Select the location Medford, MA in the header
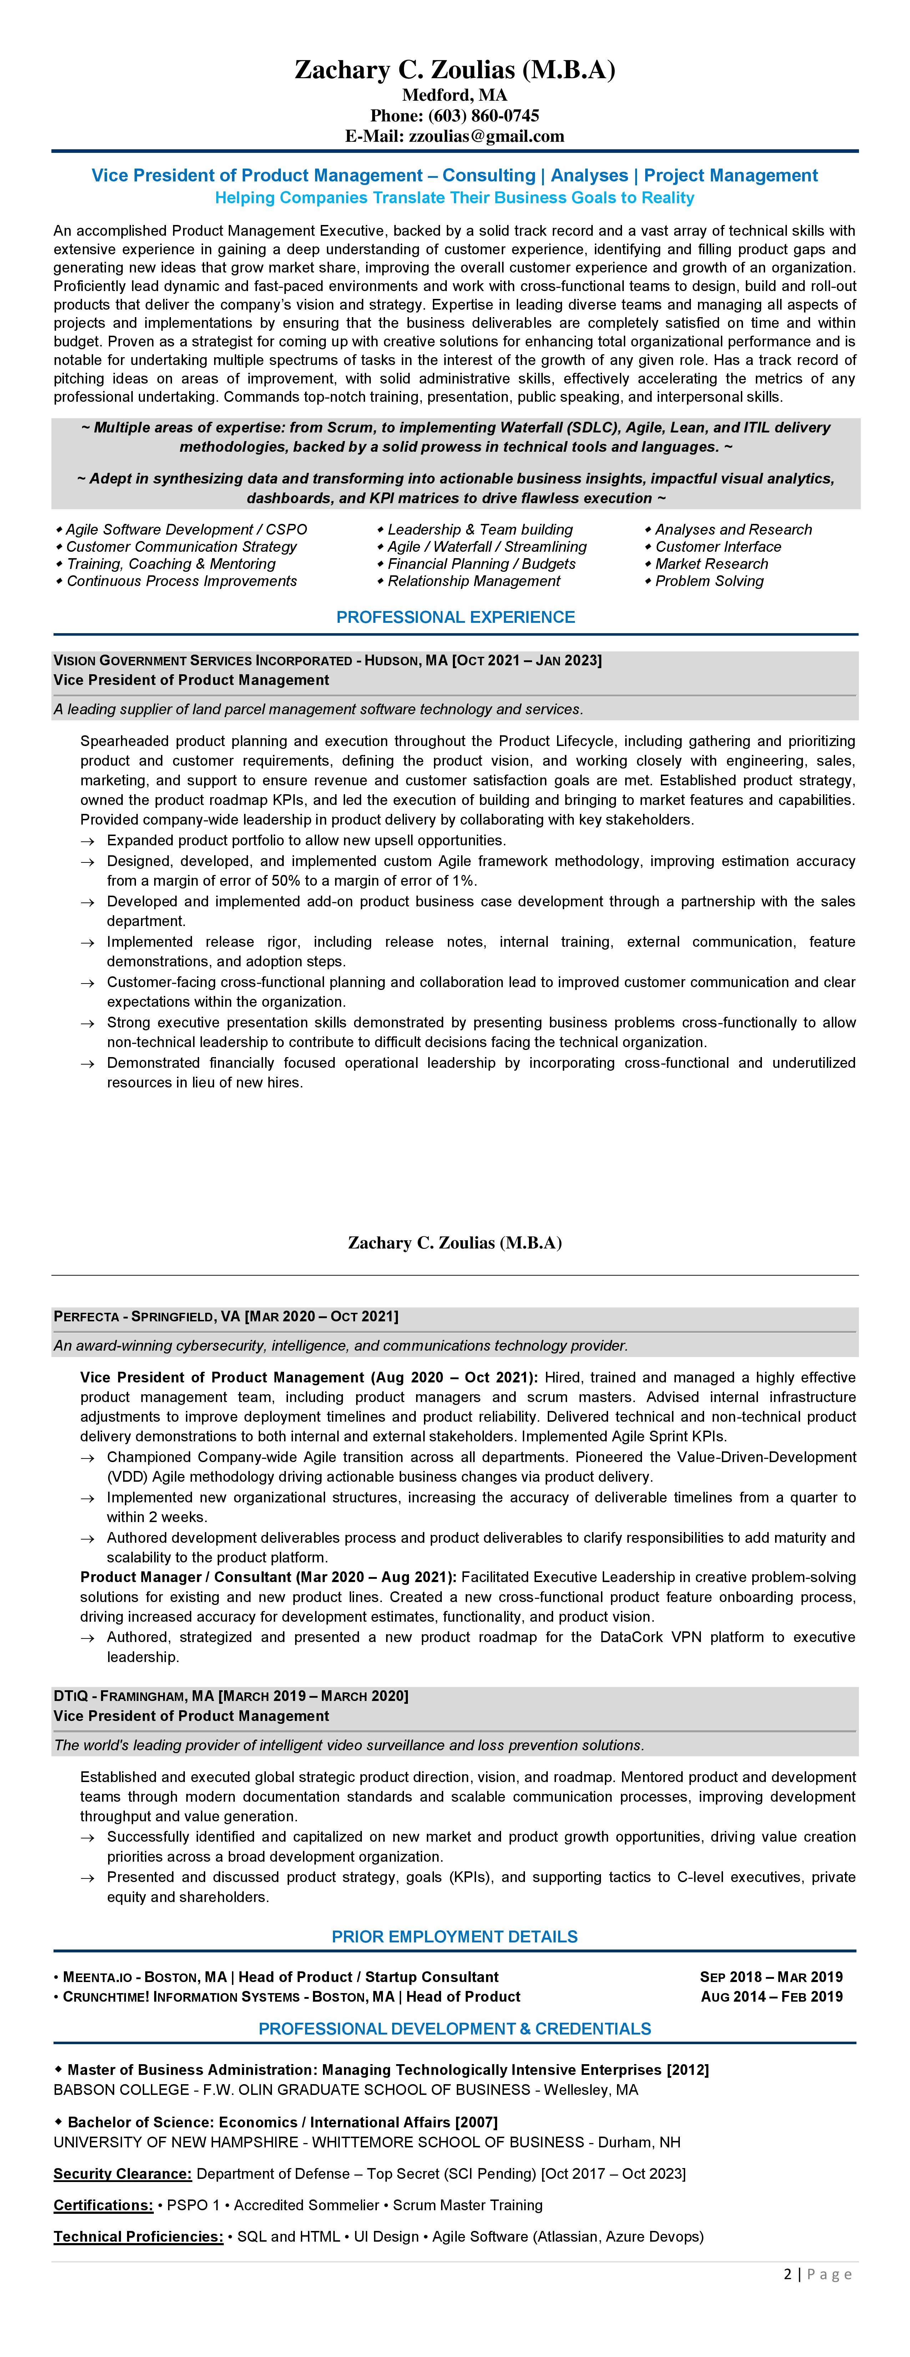(x=455, y=95)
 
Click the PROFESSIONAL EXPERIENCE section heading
(x=455, y=617)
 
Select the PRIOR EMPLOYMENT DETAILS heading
(x=455, y=1937)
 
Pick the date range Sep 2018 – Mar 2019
(x=771, y=1977)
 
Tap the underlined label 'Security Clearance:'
(x=122, y=2174)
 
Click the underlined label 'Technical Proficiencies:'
(x=138, y=2237)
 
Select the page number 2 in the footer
(x=788, y=2275)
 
